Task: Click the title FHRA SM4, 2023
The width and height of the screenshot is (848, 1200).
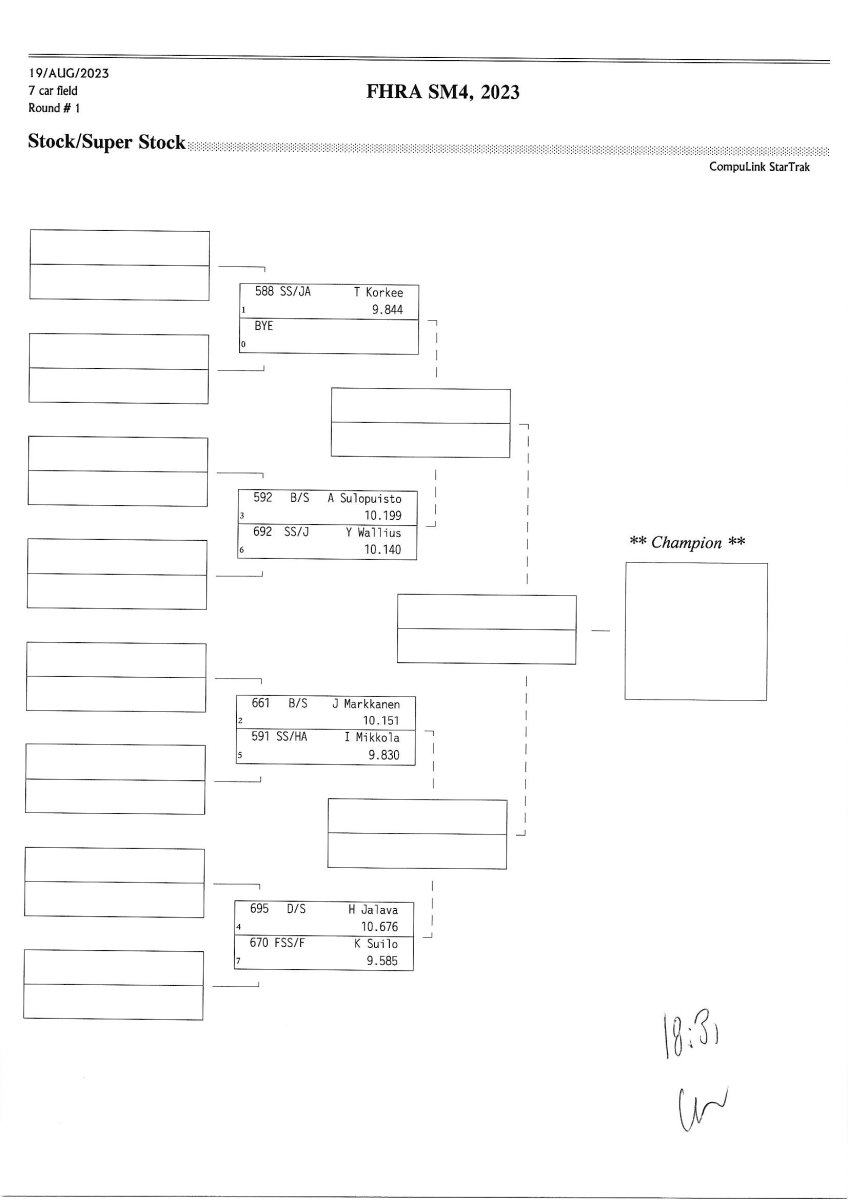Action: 446,93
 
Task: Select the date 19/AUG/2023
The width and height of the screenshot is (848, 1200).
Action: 69,74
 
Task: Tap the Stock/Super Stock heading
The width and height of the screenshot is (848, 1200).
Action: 107,142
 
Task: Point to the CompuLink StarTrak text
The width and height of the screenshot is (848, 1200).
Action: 761,167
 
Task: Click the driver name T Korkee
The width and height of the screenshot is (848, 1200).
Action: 378,293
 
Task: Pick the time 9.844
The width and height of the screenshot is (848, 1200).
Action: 386,310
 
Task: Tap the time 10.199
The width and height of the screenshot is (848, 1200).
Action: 383,515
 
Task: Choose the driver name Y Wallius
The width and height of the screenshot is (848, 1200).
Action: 374,532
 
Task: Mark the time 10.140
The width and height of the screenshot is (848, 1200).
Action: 383,550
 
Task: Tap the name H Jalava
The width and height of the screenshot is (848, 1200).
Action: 373,910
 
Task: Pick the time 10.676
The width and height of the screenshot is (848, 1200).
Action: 380,927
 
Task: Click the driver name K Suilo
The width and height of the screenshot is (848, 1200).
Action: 376,944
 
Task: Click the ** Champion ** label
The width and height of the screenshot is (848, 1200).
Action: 687,543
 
